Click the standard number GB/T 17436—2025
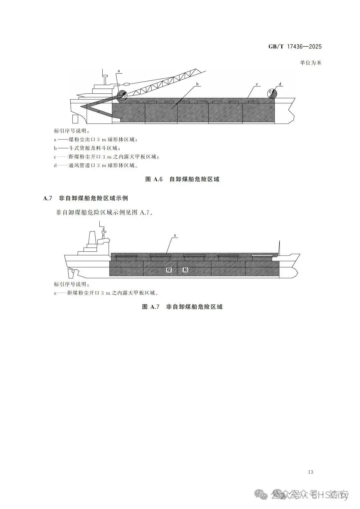click(x=295, y=46)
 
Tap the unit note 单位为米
click(x=310, y=62)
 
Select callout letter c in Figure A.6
click(x=257, y=84)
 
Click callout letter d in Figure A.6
click(x=280, y=84)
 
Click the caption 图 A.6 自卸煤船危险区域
click(x=182, y=179)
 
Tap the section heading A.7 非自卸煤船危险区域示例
click(x=86, y=198)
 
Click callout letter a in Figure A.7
click(x=175, y=235)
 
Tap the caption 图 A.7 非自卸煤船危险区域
click(x=182, y=307)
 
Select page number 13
click(x=311, y=472)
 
